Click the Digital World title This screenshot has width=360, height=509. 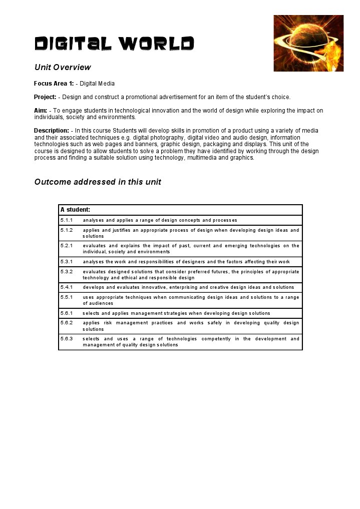tap(114, 44)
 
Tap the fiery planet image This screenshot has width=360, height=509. tap(308, 43)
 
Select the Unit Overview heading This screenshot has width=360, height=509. tap(63, 67)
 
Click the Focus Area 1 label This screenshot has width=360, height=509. tap(54, 84)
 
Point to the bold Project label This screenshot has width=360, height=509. tap(45, 97)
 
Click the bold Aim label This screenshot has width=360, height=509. tap(41, 111)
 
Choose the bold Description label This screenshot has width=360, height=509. tap(52, 131)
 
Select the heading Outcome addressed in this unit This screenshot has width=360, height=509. tap(98, 182)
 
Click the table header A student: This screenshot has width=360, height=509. tap(75, 210)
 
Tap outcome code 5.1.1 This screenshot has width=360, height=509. tap(67, 220)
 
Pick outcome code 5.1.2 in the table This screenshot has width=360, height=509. tap(67, 230)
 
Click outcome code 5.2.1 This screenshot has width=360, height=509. tap(67, 246)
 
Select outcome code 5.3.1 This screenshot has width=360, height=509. tap(67, 262)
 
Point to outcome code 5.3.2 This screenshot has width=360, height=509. tap(67, 272)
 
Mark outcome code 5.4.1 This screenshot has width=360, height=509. tap(67, 287)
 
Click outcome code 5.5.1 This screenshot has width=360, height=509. tap(67, 297)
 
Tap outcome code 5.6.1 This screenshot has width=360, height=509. tap(67, 313)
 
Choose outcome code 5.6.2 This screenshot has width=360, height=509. tap(67, 323)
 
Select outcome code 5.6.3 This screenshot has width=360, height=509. tap(67, 339)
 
